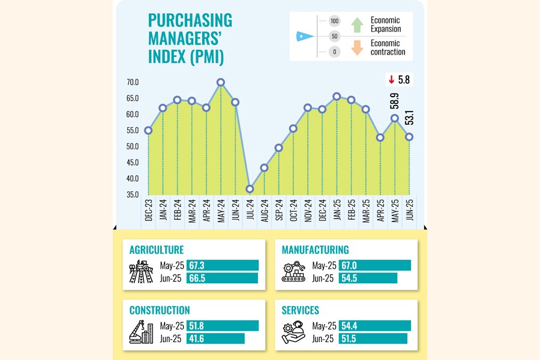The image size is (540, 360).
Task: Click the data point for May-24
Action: pos(221,82)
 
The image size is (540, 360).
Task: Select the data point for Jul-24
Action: pos(250,189)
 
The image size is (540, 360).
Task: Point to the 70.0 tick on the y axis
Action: pos(133,82)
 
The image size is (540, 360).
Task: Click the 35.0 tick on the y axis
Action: pos(133,194)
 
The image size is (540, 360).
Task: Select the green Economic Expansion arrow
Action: pos(357,25)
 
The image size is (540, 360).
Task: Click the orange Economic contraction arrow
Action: pos(357,47)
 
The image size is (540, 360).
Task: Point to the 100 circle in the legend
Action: pos(335,21)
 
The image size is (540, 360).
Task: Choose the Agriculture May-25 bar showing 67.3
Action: pos(223,265)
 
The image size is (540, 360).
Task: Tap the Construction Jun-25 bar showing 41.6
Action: pos(215,338)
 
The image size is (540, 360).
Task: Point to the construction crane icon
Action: pos(141,332)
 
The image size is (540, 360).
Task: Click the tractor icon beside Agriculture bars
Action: pos(141,271)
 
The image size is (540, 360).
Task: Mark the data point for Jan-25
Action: pos(337,97)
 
